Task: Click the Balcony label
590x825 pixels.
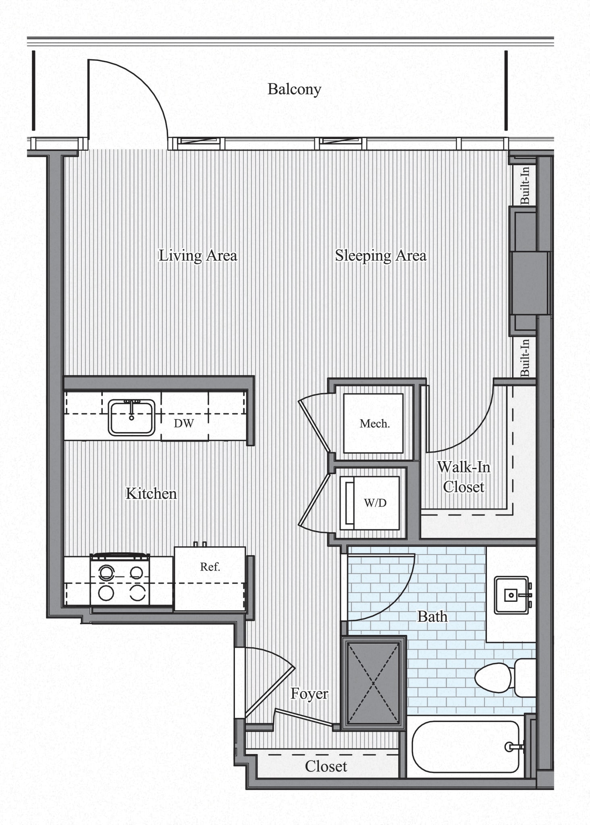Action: [294, 89]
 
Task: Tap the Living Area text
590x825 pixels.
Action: [197, 255]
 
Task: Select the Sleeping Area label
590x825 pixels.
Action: [380, 255]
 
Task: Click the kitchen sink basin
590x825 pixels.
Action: [131, 418]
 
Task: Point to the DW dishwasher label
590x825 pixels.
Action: [184, 423]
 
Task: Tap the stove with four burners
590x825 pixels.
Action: [120, 581]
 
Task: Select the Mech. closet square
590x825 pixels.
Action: [373, 423]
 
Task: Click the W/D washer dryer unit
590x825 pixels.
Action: [370, 503]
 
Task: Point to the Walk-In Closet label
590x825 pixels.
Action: [463, 477]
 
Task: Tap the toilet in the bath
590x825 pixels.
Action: [504, 678]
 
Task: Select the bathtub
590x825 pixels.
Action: [465, 746]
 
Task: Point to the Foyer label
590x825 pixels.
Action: [309, 694]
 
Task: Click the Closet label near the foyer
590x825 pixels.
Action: [326, 766]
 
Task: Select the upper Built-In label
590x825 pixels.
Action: [525, 186]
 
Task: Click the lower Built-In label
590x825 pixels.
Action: [525, 358]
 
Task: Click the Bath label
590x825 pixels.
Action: [432, 616]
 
